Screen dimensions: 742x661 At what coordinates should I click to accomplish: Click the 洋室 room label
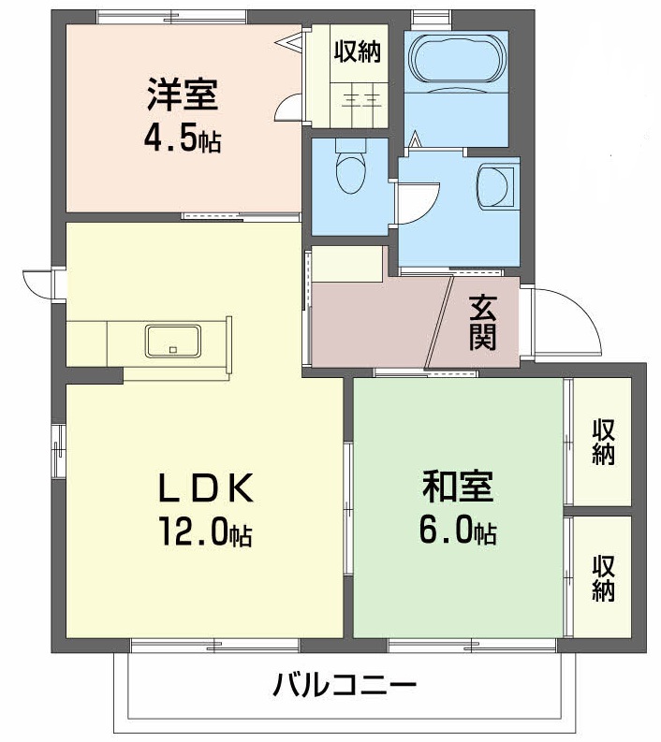[x=182, y=96]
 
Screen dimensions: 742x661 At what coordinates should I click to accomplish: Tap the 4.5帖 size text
[x=182, y=139]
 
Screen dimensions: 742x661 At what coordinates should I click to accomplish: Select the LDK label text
[x=203, y=487]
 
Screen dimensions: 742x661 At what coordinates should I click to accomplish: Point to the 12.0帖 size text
[x=204, y=532]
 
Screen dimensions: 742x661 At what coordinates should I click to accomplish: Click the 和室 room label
[x=458, y=487]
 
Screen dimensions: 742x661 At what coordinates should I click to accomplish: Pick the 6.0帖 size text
[x=458, y=532]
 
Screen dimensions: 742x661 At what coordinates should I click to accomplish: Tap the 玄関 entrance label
[x=482, y=323]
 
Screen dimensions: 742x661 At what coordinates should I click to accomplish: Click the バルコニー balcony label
[x=345, y=688]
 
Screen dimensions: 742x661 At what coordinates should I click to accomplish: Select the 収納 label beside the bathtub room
[x=358, y=52]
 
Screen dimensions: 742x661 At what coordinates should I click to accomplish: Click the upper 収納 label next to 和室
[x=604, y=443]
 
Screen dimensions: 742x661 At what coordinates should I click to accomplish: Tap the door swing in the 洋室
[x=289, y=109]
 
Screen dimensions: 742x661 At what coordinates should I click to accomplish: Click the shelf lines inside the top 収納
[x=358, y=96]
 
